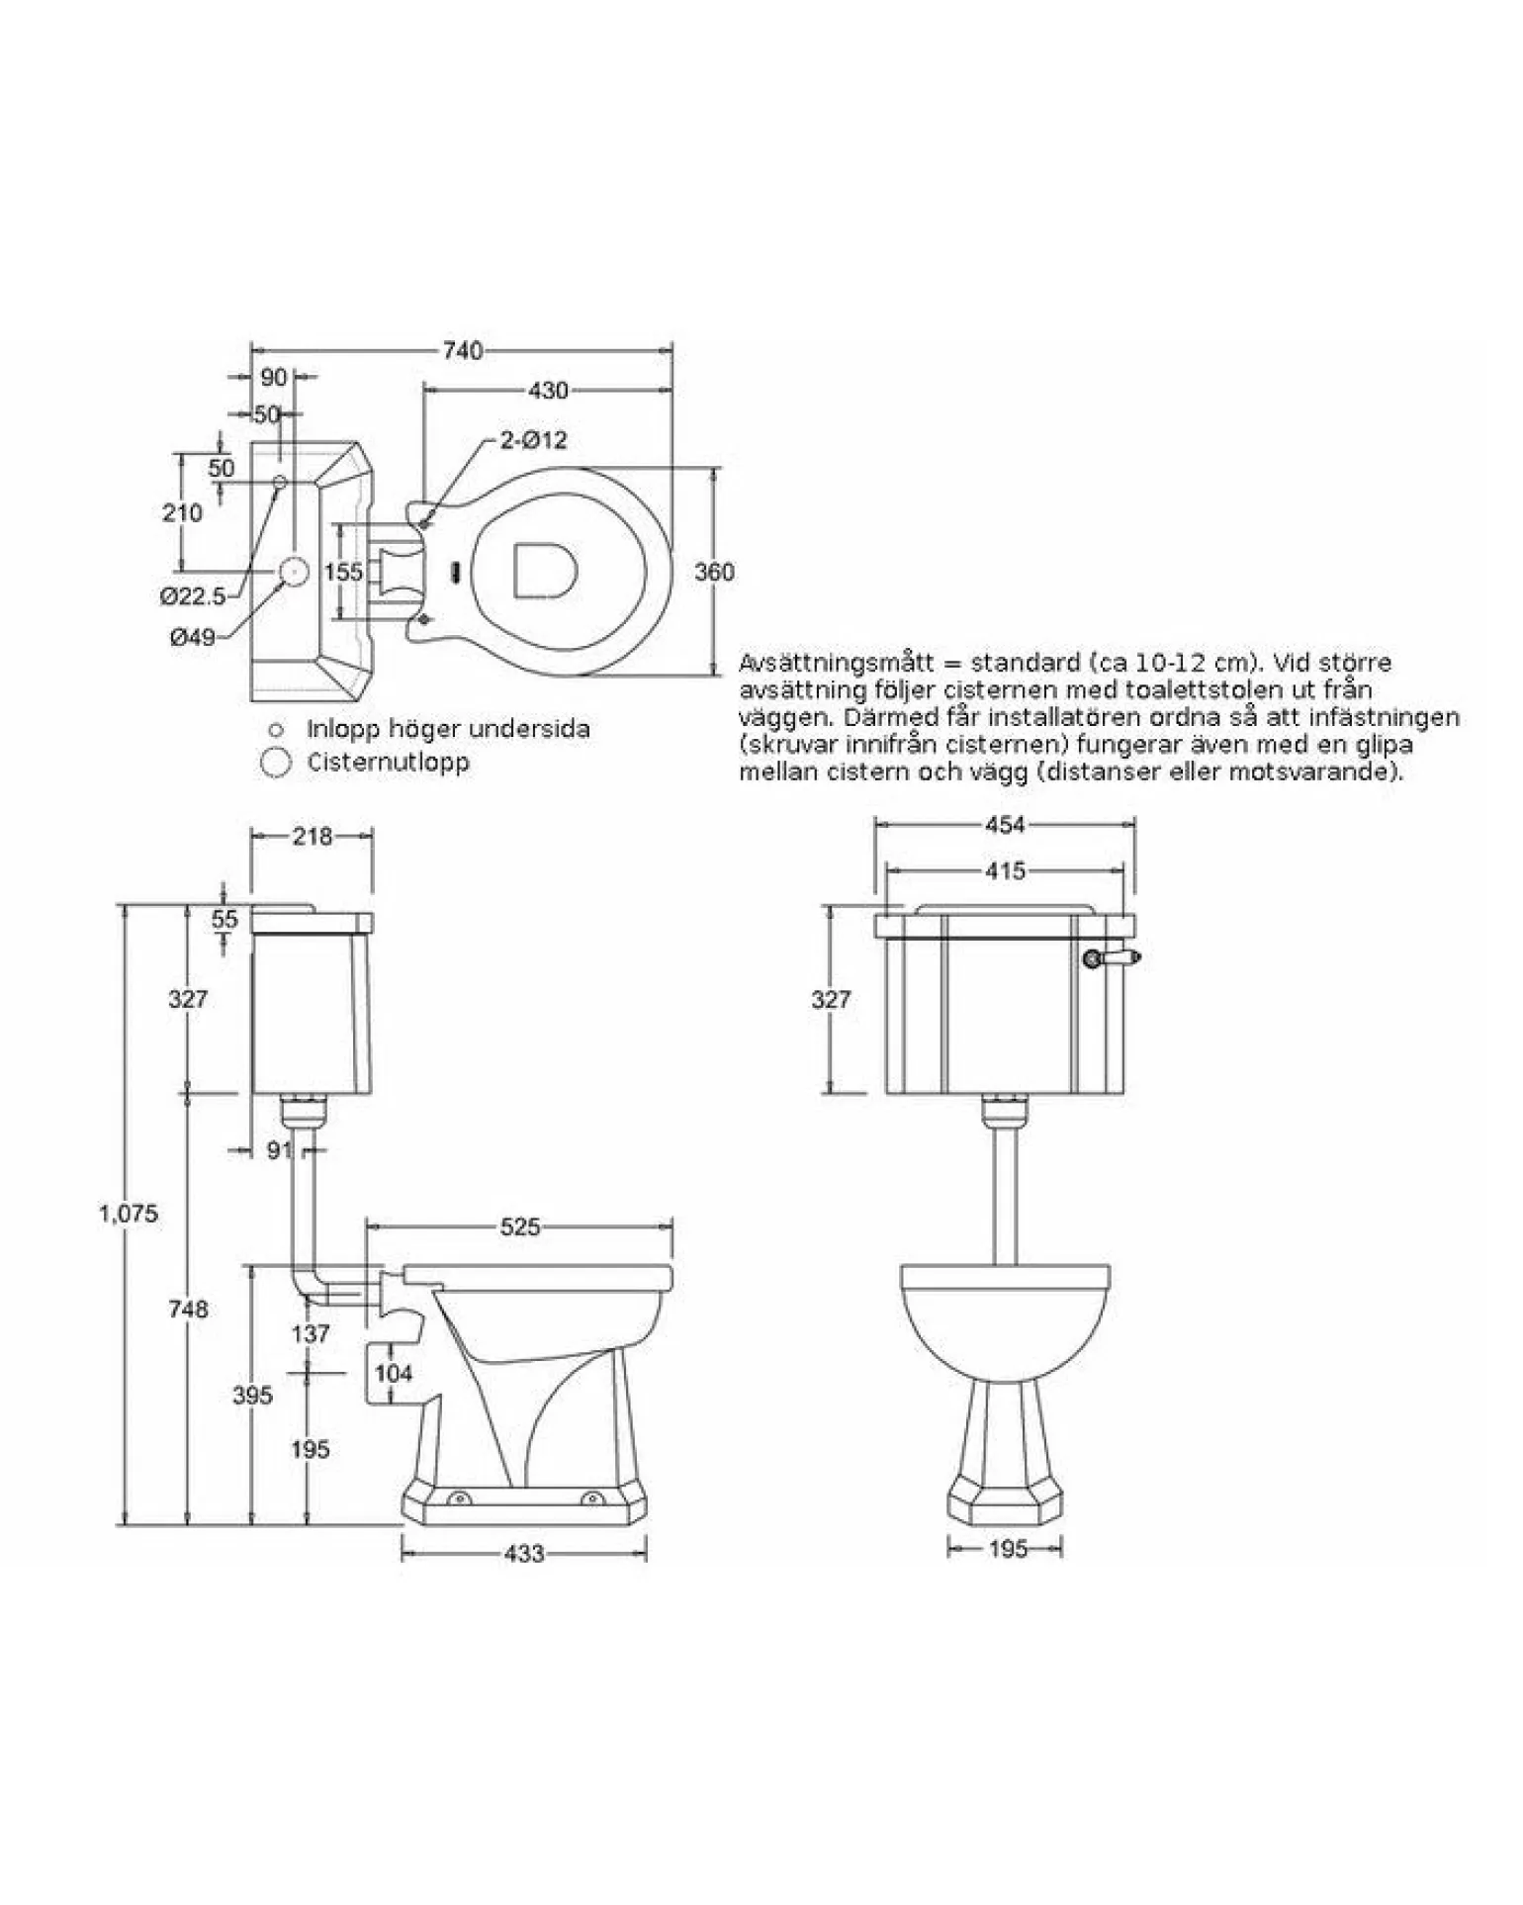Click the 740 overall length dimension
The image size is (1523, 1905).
(463, 351)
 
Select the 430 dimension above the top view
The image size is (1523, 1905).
(548, 391)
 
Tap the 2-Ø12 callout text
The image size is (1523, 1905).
(533, 440)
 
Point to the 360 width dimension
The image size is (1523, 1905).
(714, 572)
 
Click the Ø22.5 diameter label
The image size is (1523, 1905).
(193, 595)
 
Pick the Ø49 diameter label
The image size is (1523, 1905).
(192, 638)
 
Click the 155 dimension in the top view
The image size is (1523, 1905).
(344, 572)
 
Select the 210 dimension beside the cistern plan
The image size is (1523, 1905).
(182, 512)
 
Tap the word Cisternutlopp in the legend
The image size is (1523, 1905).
(389, 763)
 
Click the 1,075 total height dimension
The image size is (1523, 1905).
(129, 1213)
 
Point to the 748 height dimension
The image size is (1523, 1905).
(188, 1309)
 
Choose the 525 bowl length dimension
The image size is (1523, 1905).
(520, 1227)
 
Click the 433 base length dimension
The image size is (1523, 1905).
(523, 1554)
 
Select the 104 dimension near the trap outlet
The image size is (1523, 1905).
(394, 1373)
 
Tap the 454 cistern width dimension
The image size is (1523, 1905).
(1005, 824)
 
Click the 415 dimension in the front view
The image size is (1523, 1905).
(1006, 871)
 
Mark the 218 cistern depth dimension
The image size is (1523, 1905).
(313, 837)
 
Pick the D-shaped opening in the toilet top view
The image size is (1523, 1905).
(544, 571)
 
